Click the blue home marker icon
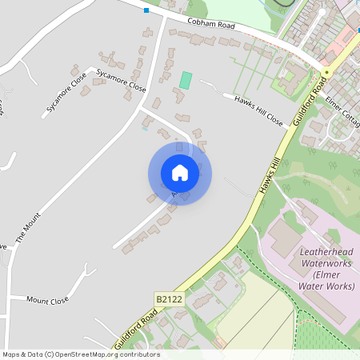[x=180, y=173]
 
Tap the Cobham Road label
[x=211, y=24]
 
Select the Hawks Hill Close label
[x=258, y=110]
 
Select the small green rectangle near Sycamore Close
[x=186, y=81]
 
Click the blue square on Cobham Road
[x=146, y=10]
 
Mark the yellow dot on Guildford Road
[x=327, y=74]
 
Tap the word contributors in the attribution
[x=139, y=354]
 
